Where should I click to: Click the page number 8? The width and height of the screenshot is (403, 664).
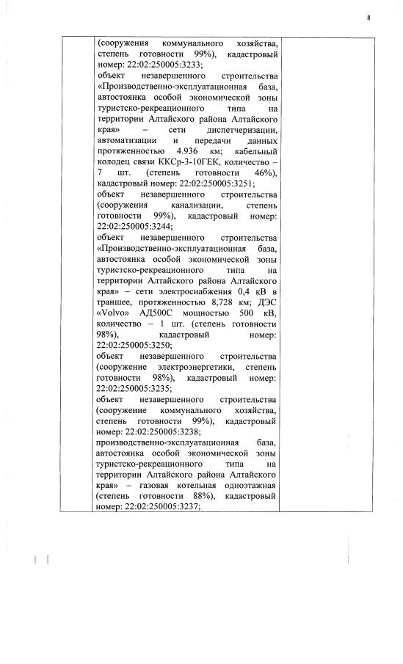pyautogui.click(x=368, y=18)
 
